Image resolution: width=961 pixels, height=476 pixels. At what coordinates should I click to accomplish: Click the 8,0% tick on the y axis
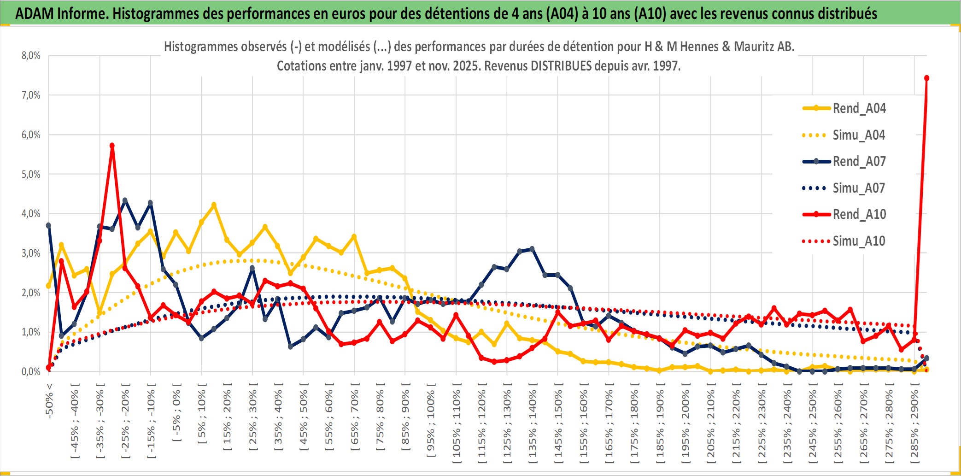[31, 56]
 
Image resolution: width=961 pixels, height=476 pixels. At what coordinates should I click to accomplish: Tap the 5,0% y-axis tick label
[31, 174]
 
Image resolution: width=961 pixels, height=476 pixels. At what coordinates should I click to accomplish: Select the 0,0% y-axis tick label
[31, 371]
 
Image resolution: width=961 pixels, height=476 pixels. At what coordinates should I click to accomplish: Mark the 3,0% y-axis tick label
[31, 253]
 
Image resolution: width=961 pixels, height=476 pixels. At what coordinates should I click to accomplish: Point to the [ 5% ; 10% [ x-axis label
[202, 417]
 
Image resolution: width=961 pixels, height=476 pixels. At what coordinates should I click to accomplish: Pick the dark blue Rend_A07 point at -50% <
[48, 225]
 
